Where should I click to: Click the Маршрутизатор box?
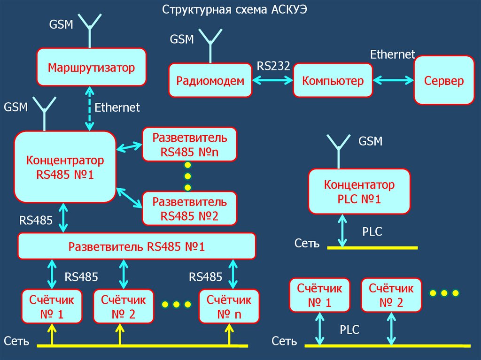tap(91, 67)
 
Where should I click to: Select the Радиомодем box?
tap(210, 81)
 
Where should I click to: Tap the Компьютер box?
tap(333, 81)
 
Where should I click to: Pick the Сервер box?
tap(444, 80)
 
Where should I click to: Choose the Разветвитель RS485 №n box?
tap(189, 145)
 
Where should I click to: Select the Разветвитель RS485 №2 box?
tap(189, 209)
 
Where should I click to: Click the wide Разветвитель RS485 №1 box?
tap(137, 246)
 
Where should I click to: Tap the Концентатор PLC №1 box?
tap(359, 191)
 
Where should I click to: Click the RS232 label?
tap(273, 66)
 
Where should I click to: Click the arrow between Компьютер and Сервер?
tap(393, 81)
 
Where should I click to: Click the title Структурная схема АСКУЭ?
tap(235, 9)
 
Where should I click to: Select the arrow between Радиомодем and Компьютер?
tap(273, 81)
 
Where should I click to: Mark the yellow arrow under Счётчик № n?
tap(229, 334)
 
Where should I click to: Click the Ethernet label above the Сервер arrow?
tap(392, 54)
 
